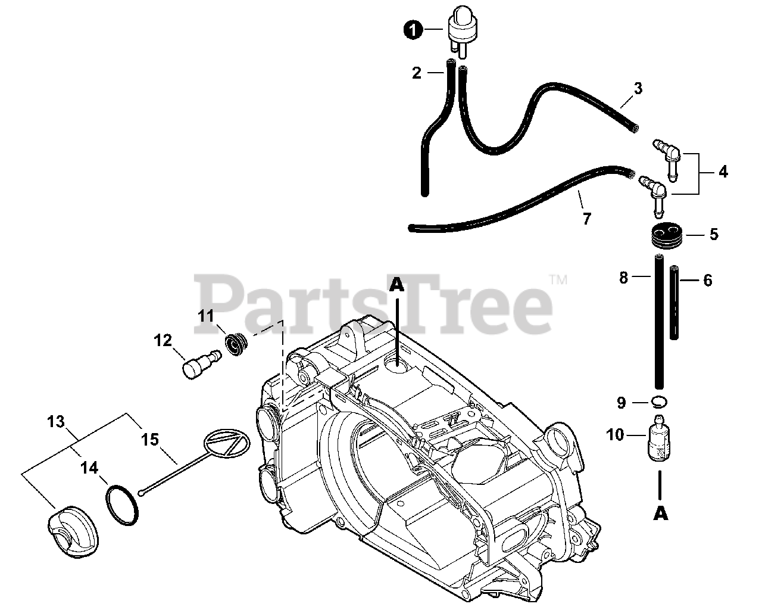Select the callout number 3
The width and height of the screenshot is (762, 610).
tap(638, 89)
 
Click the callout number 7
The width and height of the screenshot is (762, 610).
tap(587, 219)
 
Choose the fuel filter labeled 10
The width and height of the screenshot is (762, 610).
tap(658, 438)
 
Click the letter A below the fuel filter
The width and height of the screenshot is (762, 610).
tap(660, 513)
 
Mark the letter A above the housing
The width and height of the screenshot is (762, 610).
tap(397, 286)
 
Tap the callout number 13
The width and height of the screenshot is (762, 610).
tap(55, 422)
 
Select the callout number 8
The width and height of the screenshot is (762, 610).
tap(624, 278)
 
